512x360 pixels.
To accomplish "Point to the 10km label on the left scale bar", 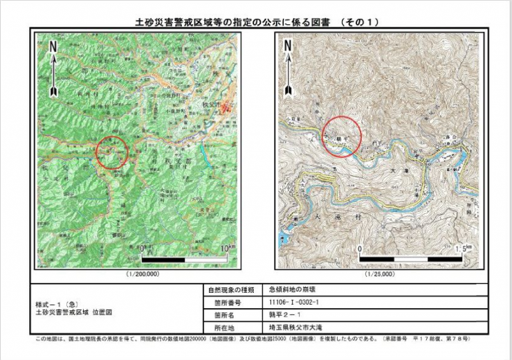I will coord(228,248).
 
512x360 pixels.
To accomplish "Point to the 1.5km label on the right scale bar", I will coord(465,249).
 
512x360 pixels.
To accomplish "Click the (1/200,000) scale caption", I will coord(143,274).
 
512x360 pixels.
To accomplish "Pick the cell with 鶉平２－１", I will coord(283,315).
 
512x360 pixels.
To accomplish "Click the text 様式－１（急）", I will coord(59,304).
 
